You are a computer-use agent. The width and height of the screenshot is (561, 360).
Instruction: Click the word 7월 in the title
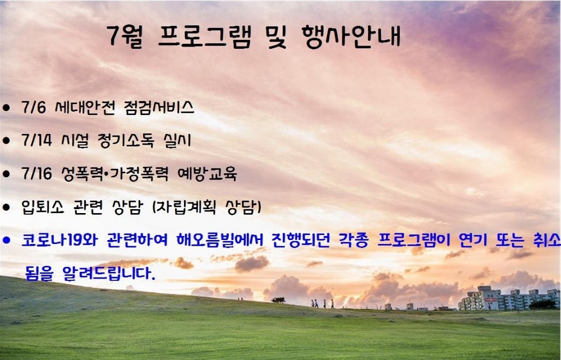125,36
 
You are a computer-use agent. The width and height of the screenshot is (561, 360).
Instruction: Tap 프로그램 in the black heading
205,36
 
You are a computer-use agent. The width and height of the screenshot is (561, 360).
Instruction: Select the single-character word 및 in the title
277,36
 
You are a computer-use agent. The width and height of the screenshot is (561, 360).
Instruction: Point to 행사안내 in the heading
351,36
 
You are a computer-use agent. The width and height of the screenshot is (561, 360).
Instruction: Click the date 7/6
34,107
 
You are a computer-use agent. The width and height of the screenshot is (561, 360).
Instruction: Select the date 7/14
36,140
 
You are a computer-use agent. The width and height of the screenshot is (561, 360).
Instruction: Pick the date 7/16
36,173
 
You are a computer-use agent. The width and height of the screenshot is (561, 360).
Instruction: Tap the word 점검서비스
159,107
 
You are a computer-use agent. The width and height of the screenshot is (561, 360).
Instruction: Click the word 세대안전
85,107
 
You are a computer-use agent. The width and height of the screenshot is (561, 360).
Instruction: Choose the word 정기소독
126,140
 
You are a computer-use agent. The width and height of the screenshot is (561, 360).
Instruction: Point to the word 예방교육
207,174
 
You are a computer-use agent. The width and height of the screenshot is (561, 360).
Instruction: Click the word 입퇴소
43,207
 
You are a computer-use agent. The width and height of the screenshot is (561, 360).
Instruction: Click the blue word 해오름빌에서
220,240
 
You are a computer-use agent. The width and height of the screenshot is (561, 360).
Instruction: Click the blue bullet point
6,240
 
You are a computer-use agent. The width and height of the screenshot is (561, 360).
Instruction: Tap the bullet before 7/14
6,141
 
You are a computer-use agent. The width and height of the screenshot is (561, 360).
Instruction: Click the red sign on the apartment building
490,299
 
